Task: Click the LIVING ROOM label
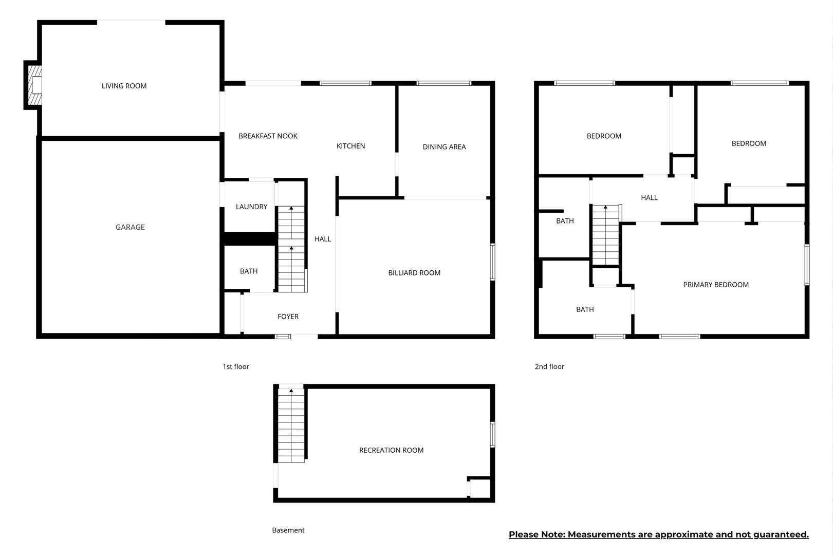(124, 86)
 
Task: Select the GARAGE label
(130, 227)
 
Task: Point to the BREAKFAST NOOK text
(268, 136)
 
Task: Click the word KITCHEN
(350, 146)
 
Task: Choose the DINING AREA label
(444, 147)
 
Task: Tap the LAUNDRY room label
(251, 207)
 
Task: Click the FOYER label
(288, 317)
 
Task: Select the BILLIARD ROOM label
(414, 273)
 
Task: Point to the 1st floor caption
(236, 367)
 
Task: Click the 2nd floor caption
(549, 367)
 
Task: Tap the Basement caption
(288, 530)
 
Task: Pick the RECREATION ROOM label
(391, 451)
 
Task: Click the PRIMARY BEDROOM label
(716, 285)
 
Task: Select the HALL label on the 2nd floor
(650, 198)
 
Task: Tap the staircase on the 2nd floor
(605, 235)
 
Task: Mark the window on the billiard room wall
(492, 262)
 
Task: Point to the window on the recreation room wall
(492, 434)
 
